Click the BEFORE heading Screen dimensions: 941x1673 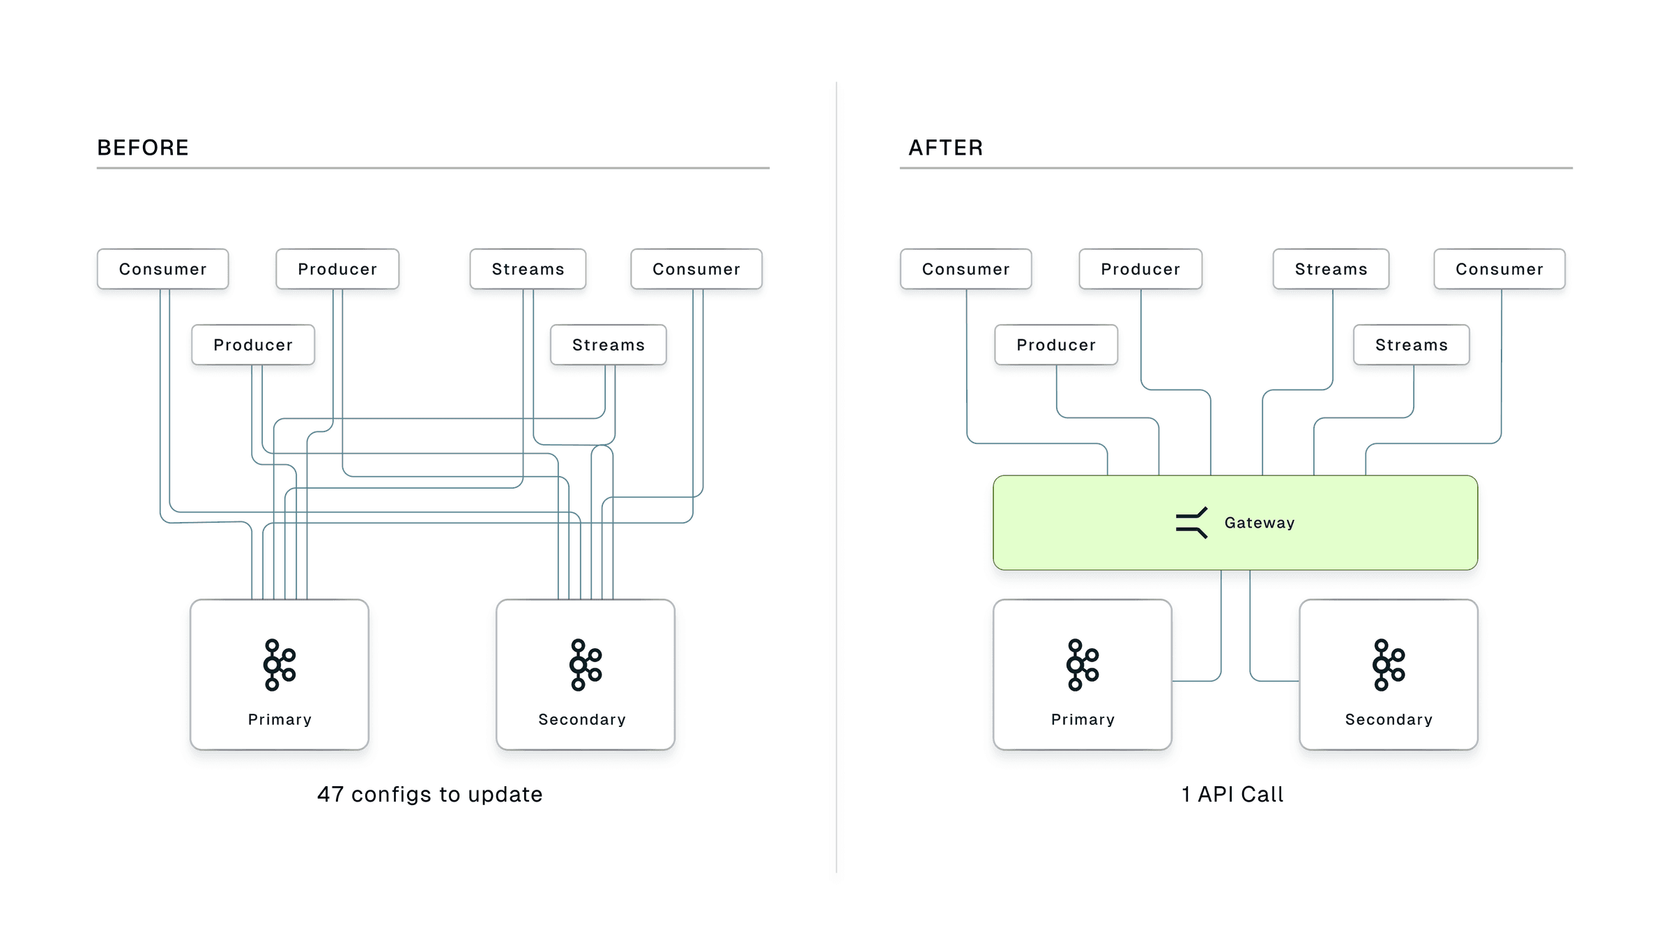143,148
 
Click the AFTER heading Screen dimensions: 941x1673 945,148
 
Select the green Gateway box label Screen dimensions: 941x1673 1259,523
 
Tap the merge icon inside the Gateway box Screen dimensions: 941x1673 1191,523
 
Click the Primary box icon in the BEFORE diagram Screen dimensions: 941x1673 280,665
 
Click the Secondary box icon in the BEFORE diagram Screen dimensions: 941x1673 586,665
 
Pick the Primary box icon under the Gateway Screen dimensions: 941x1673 1083,665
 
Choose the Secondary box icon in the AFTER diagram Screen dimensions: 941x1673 1389,665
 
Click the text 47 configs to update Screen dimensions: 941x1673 429,794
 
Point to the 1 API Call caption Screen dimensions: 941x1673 1232,794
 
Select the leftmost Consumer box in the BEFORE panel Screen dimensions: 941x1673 163,269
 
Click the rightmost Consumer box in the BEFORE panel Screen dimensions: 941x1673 696,269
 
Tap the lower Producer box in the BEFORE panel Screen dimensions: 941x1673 253,345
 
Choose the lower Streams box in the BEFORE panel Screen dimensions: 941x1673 609,345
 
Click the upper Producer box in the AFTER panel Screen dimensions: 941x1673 1140,269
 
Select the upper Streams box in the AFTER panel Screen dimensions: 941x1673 1331,269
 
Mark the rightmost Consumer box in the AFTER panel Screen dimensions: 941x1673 1499,269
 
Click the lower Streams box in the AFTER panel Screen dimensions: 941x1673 1412,345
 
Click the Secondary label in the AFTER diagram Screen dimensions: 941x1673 1389,719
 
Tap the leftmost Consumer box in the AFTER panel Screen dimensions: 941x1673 966,269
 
